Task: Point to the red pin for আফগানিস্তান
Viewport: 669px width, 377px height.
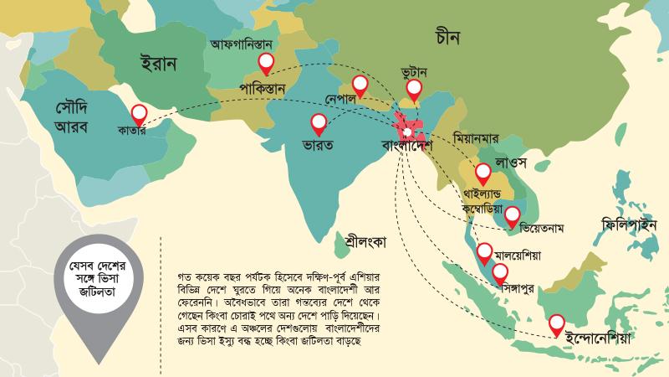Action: click(267, 61)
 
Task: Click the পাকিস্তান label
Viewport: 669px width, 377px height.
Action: click(263, 87)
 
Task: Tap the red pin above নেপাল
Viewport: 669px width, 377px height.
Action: click(360, 84)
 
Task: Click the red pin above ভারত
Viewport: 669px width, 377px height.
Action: click(319, 123)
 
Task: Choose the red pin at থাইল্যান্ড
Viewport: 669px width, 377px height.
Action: click(483, 173)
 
